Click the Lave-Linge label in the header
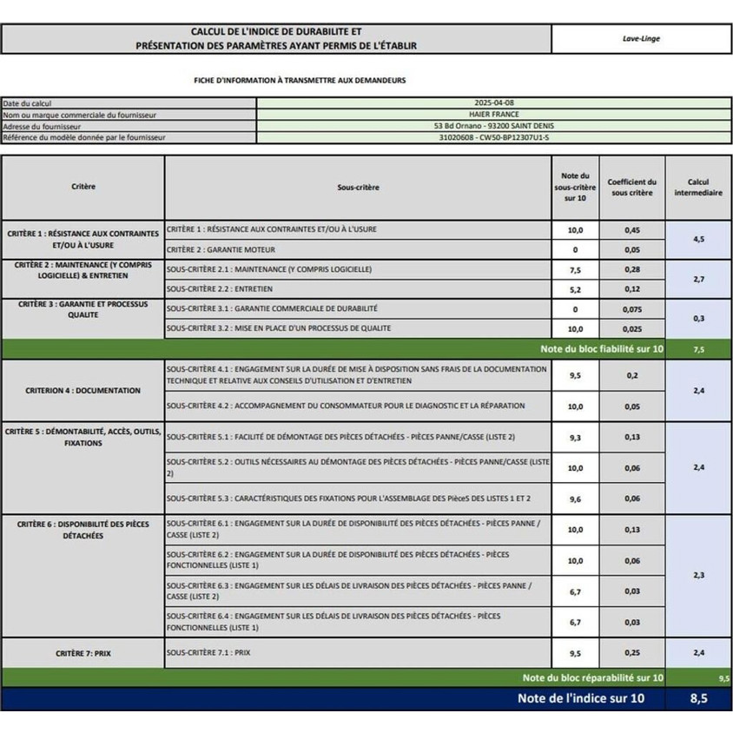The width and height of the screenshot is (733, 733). pyautogui.click(x=641, y=38)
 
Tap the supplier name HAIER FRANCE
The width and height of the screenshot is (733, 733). pyautogui.click(x=503, y=115)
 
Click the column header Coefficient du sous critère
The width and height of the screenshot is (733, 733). pyautogui.click(x=631, y=187)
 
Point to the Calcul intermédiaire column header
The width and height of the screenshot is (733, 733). pyautogui.click(x=698, y=187)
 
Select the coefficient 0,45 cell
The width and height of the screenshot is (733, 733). pyautogui.click(x=632, y=230)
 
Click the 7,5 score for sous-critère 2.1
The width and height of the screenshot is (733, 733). pyautogui.click(x=575, y=270)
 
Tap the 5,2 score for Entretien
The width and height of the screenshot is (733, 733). pyautogui.click(x=575, y=289)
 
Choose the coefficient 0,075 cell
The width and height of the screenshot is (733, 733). pyautogui.click(x=632, y=309)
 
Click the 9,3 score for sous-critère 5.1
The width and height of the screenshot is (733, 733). pyautogui.click(x=575, y=438)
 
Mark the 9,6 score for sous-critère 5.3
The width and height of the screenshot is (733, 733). pyautogui.click(x=575, y=499)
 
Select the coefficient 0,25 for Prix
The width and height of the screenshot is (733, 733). pyautogui.click(x=632, y=652)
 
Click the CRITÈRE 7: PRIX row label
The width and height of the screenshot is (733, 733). pyautogui.click(x=83, y=652)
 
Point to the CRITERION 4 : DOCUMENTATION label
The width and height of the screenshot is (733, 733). pyautogui.click(x=83, y=391)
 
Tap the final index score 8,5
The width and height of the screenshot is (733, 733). pyautogui.click(x=698, y=698)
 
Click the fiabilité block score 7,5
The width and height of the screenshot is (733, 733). pyautogui.click(x=698, y=349)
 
